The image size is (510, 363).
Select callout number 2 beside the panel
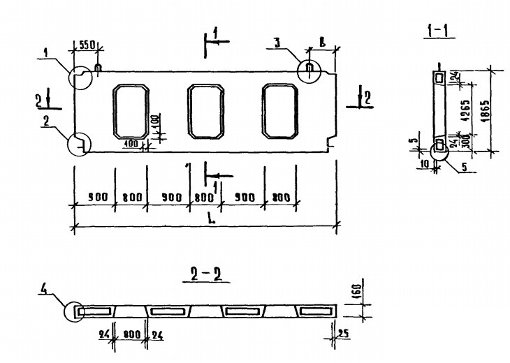[45, 120]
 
